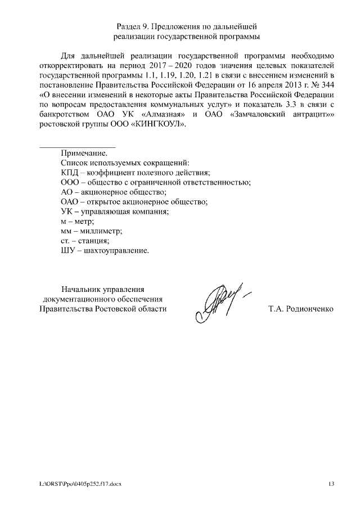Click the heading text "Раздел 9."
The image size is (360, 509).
click(x=134, y=26)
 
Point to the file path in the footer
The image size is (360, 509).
click(x=80, y=484)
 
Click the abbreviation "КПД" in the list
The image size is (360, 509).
click(x=69, y=172)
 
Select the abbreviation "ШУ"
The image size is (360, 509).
click(x=67, y=251)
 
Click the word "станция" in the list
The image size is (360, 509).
click(x=93, y=241)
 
